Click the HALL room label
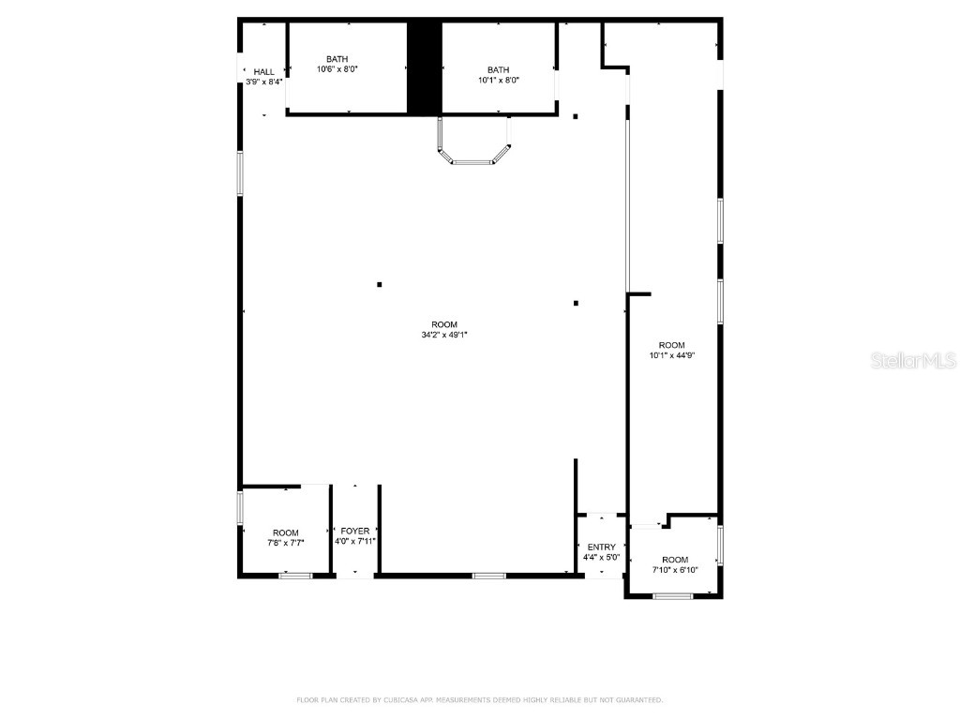264,71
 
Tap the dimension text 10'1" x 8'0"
499,81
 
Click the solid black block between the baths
424,67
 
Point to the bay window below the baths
473,150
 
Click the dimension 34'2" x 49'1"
444,335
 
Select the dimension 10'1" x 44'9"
671,355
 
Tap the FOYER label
355,532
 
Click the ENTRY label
602,547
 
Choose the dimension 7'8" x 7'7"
286,543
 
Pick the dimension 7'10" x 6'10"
675,570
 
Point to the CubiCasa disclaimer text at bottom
480,699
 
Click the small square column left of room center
379,284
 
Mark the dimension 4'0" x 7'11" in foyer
355,542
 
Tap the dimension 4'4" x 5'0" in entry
602,558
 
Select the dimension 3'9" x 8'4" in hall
264,82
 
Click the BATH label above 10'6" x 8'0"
337,59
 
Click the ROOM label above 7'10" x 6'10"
675,560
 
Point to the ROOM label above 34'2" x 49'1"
444,324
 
